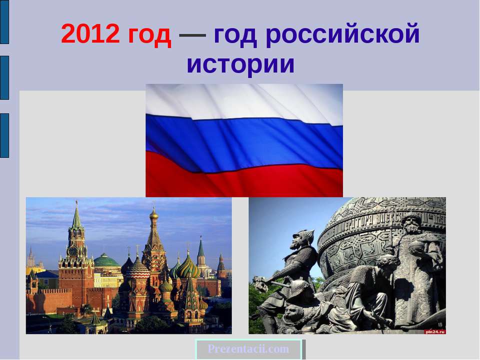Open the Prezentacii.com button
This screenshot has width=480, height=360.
click(249, 349)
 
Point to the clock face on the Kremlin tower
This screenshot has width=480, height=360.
click(74, 250)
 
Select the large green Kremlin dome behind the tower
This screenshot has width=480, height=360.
click(106, 261)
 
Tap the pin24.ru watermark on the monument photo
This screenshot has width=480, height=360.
click(434, 330)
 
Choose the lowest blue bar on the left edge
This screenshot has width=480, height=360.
click(4, 135)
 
